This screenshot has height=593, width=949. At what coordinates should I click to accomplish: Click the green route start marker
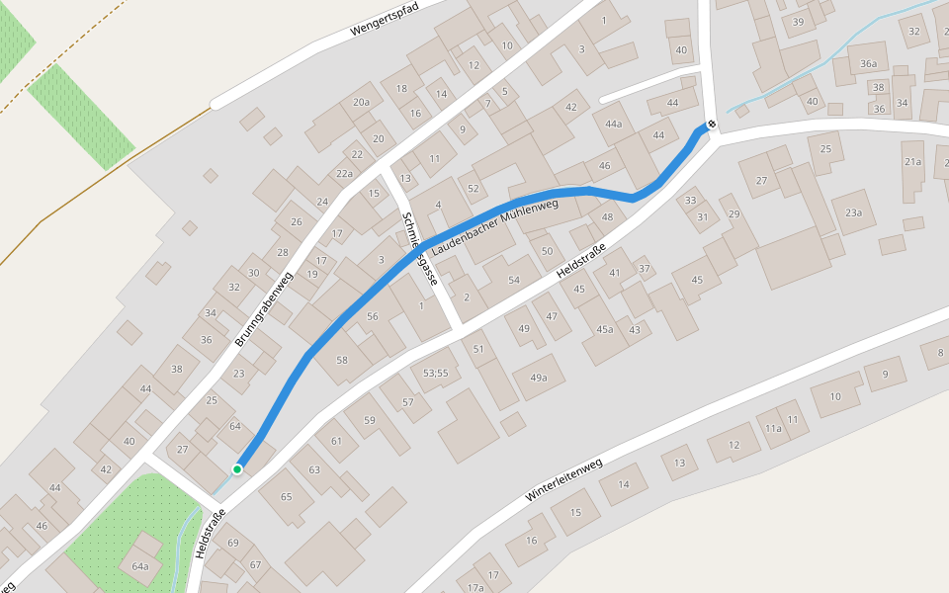[x=237, y=468]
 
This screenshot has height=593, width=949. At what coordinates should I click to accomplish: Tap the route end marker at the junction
[x=710, y=125]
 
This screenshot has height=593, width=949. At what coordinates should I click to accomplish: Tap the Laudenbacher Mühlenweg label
[x=494, y=223]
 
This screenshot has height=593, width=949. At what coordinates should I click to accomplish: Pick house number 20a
[x=361, y=102]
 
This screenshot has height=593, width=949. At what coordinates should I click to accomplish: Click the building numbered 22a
[x=344, y=174]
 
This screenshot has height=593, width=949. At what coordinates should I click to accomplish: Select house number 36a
[x=868, y=63]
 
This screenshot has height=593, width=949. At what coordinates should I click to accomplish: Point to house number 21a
[x=911, y=161]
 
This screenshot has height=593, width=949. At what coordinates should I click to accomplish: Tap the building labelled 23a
[x=853, y=212]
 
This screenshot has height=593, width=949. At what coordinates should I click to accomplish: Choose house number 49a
[x=539, y=378]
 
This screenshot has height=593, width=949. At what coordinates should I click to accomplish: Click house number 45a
[x=604, y=330]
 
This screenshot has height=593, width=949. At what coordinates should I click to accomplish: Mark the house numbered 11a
[x=773, y=428]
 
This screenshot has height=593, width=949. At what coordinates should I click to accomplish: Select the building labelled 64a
[x=139, y=566]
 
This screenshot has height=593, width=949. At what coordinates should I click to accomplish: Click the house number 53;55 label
[x=436, y=373]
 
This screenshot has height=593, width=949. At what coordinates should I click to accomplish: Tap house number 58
[x=342, y=360]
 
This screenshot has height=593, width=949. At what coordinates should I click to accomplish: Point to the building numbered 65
[x=287, y=496]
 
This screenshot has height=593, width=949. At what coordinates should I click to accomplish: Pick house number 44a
[x=614, y=124]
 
